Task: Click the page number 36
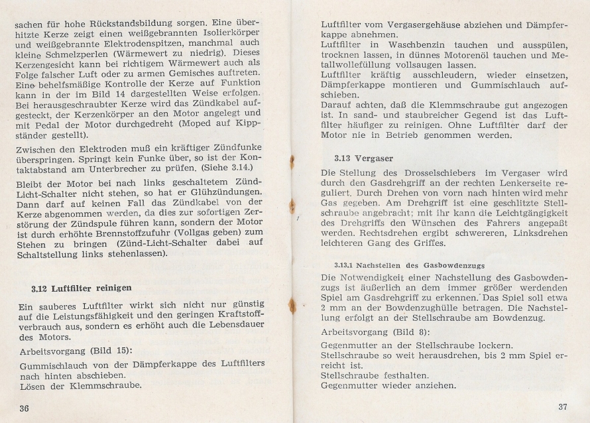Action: click(x=25, y=407)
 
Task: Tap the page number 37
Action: click(x=564, y=406)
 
